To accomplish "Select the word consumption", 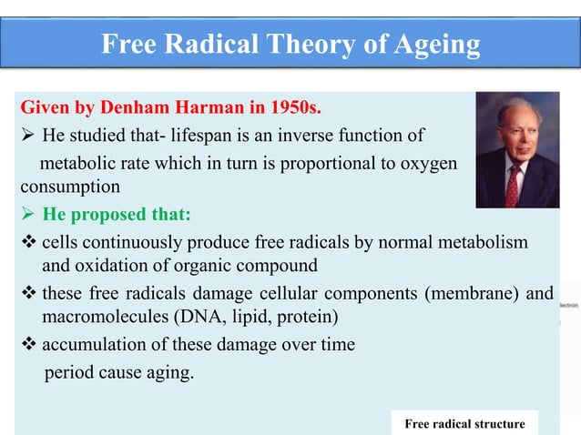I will [x=69, y=188].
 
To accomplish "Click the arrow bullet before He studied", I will [x=27, y=137].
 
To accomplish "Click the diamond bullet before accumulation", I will [x=28, y=346].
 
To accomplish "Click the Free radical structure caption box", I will [x=464, y=423].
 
